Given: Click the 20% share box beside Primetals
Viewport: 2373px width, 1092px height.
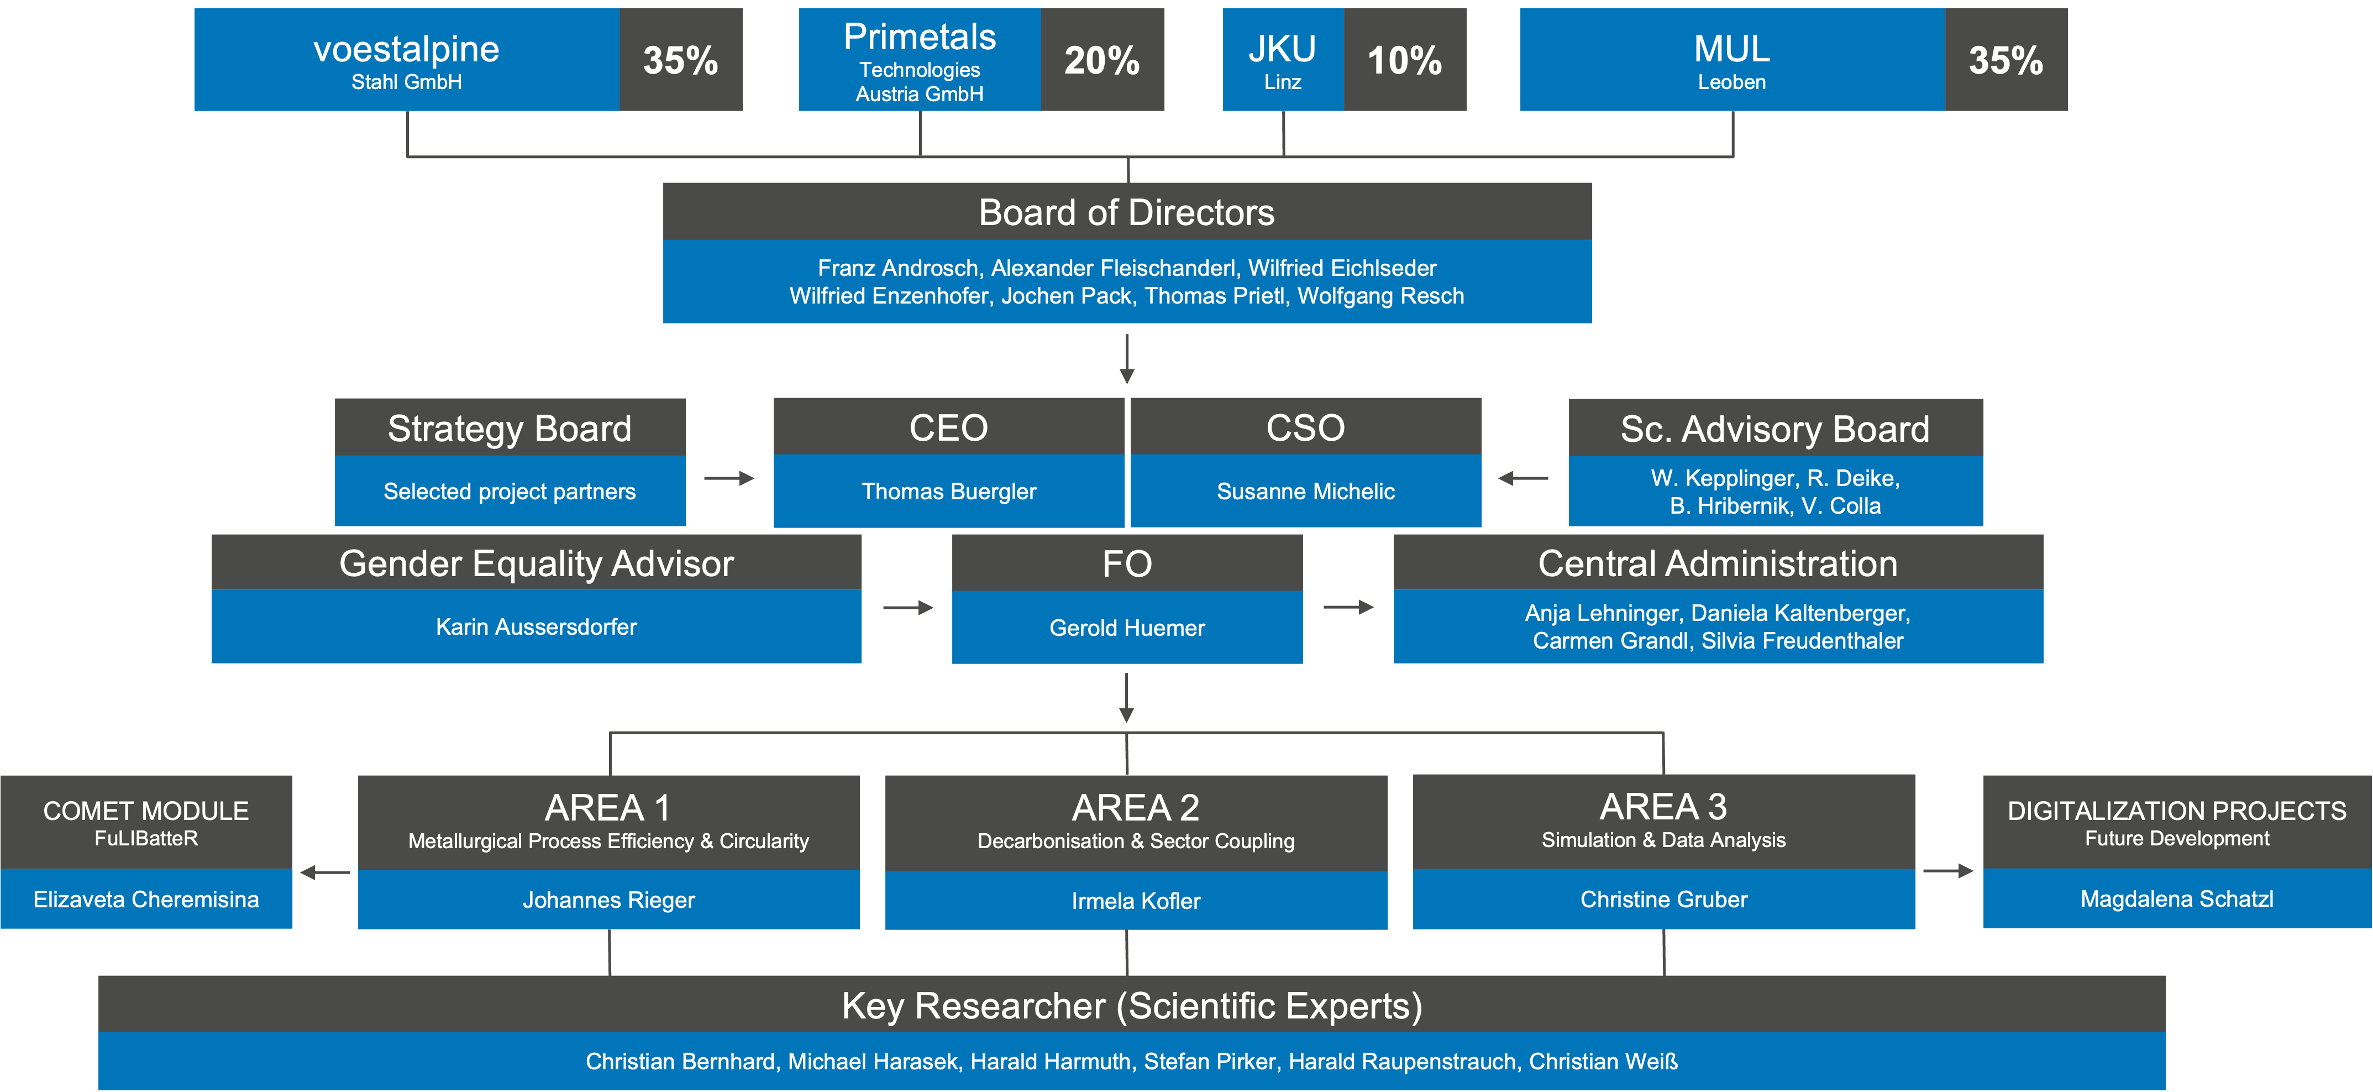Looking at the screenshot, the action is pos(1102,60).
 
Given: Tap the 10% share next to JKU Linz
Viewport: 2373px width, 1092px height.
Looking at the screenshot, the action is pos(1405,60).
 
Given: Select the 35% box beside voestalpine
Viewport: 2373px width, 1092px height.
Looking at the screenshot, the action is pos(681,60).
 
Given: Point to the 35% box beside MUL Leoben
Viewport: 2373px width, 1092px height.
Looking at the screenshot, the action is pos(2007,60).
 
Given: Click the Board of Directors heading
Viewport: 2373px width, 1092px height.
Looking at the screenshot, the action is pos(1127,213).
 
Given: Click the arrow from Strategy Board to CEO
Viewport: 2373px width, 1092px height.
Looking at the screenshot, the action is pos(729,478).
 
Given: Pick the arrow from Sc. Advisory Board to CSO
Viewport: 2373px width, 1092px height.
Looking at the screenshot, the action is pos(1524,478).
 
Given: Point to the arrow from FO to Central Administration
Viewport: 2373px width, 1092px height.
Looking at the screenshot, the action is pos(1348,607).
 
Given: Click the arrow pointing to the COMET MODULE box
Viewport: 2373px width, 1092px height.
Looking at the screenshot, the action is pos(325,872).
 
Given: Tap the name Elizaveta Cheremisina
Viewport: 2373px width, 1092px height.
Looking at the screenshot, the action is pos(146,900).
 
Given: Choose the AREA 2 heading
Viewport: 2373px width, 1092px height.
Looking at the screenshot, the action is pos(1136,808).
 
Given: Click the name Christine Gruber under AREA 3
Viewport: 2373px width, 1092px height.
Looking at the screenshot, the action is pos(1663,900).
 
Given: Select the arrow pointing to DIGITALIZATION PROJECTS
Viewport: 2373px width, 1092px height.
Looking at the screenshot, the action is pos(1949,871).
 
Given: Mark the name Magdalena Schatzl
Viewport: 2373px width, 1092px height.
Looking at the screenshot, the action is pos(2177,900).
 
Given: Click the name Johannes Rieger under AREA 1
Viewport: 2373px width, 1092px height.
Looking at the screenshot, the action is pos(609,900).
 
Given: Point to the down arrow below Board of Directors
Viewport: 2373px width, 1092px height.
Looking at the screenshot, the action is pos(1127,359).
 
